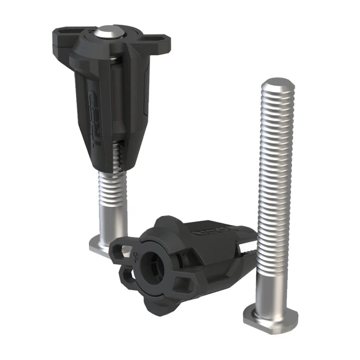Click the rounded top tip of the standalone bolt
click(278, 85)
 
